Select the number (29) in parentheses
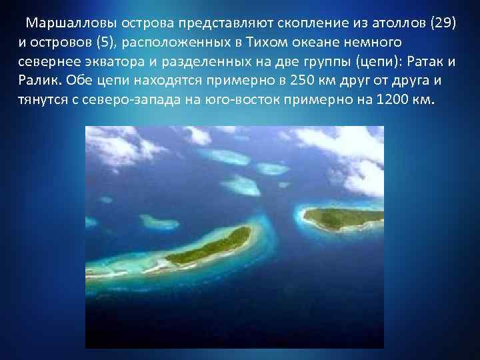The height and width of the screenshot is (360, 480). click(441, 23)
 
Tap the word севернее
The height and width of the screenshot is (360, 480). click(47, 62)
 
